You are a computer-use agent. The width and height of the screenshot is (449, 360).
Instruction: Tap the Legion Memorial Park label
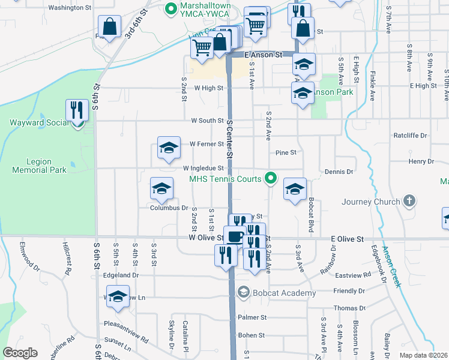[x=39, y=166]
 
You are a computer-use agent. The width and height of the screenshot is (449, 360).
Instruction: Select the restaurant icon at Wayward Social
[x=77, y=110]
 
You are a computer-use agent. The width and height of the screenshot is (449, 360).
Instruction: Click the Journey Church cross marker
[x=409, y=201]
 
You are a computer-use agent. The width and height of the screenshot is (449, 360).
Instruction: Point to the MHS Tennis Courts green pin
[x=271, y=178]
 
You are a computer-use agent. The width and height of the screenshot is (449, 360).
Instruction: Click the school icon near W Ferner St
[x=169, y=147]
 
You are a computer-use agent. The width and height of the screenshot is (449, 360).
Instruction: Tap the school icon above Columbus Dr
[x=161, y=188]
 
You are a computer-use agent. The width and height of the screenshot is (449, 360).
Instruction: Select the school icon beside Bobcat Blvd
[x=295, y=189]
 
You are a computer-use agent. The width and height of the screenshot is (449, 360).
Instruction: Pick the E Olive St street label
[x=348, y=239]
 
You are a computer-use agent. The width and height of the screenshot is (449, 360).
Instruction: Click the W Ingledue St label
[x=203, y=169]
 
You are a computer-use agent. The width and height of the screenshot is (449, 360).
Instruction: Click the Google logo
[x=20, y=353]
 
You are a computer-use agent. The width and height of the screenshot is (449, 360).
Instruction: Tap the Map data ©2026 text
[x=423, y=355]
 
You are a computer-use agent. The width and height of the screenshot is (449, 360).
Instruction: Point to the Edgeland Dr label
[x=121, y=275]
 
